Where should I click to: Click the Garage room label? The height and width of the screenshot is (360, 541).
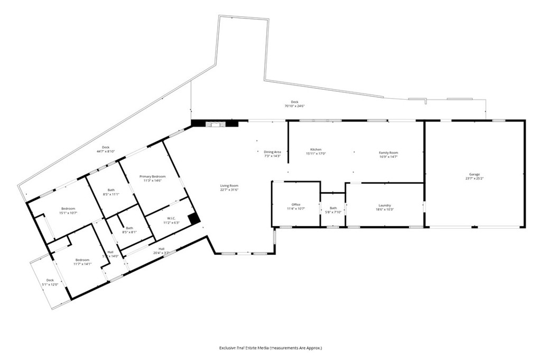[473, 174]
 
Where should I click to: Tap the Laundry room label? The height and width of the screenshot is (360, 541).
[384, 205]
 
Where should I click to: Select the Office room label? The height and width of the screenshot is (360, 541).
[296, 205]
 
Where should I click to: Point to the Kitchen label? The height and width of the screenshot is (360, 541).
[316, 149]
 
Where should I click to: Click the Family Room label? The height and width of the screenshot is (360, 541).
[388, 153]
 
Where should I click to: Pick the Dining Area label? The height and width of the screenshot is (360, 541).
[272, 152]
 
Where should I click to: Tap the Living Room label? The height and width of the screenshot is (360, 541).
[229, 185]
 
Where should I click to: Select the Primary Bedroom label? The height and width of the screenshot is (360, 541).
[153, 176]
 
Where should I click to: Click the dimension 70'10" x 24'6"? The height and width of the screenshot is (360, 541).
[295, 106]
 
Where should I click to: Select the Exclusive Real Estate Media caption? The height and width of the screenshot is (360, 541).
[270, 348]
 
